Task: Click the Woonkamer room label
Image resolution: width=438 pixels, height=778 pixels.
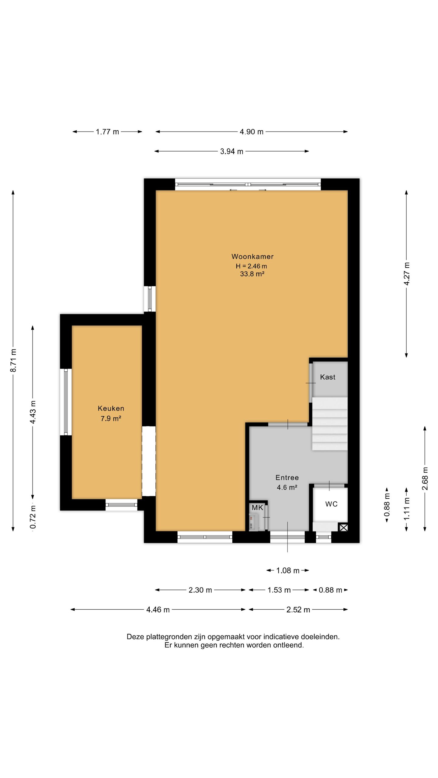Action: pyautogui.click(x=252, y=256)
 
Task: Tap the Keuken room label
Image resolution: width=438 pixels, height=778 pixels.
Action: pyautogui.click(x=111, y=408)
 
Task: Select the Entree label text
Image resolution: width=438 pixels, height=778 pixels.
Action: pyautogui.click(x=287, y=477)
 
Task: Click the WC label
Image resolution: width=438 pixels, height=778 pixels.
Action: pyautogui.click(x=331, y=504)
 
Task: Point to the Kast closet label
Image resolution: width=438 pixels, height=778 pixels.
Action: pyautogui.click(x=328, y=377)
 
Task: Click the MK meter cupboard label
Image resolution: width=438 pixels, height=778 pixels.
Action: pyautogui.click(x=257, y=508)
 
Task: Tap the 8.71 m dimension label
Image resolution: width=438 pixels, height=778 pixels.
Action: pyautogui.click(x=13, y=360)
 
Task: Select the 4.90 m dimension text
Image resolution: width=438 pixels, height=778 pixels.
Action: pyautogui.click(x=252, y=132)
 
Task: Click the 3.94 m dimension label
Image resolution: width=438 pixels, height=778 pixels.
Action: pyautogui.click(x=232, y=151)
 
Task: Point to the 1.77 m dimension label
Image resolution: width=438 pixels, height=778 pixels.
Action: pyautogui.click(x=107, y=132)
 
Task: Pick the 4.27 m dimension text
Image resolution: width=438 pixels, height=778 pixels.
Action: pyautogui.click(x=407, y=274)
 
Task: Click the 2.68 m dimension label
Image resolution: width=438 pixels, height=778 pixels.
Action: pyautogui.click(x=425, y=479)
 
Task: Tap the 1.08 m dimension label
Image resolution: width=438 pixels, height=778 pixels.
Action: pyautogui.click(x=288, y=571)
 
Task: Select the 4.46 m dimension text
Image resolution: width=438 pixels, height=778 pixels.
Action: pyautogui.click(x=158, y=610)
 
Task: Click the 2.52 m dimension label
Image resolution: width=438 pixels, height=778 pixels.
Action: pyautogui.click(x=298, y=610)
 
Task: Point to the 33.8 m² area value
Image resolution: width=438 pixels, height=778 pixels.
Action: pyautogui.click(x=252, y=274)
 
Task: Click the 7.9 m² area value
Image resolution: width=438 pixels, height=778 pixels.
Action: pyautogui.click(x=111, y=419)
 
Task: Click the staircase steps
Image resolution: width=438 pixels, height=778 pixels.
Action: pyautogui.click(x=330, y=424)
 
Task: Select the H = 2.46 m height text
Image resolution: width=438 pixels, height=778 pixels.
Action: pyautogui.click(x=251, y=266)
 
